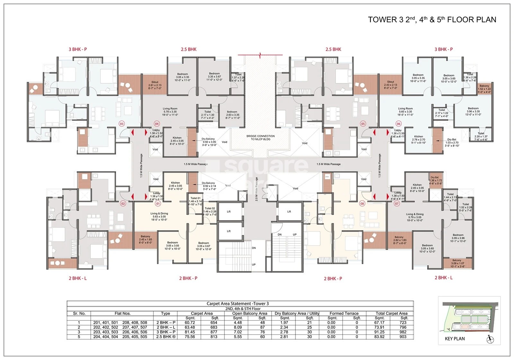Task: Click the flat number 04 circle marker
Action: pyautogui.click(x=157, y=124)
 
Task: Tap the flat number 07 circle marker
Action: pyautogui.click(x=397, y=203)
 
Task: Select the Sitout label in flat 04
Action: pyautogui.click(x=155, y=85)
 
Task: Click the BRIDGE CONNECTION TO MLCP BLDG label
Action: pyautogui.click(x=261, y=137)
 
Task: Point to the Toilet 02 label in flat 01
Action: pyautogui.click(x=210, y=211)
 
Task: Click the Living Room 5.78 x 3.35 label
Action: pyautogui.click(x=170, y=111)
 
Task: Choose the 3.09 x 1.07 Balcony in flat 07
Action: pyautogui.click(x=457, y=263)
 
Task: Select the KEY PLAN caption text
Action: pyautogui.click(x=455, y=338)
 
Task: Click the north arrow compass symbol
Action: pyautogui.click(x=490, y=339)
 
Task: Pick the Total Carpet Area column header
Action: pyautogui.click(x=391, y=313)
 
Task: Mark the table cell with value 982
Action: pyautogui.click(x=403, y=332)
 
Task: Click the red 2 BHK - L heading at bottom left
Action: pyautogui.click(x=77, y=278)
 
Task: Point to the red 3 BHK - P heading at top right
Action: pyautogui.click(x=443, y=49)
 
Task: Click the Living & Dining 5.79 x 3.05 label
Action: pyautogui.click(x=415, y=217)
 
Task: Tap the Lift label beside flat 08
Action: pyautogui.click(x=289, y=212)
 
